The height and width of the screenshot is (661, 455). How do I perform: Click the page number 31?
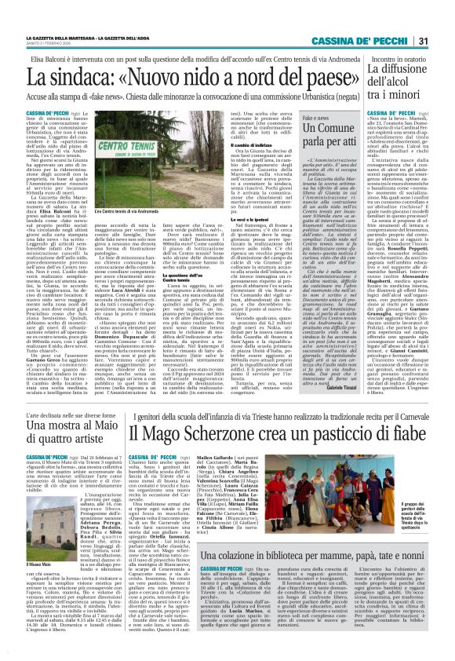click(x=442, y=20)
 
